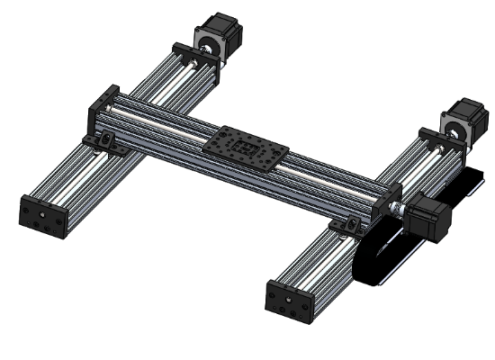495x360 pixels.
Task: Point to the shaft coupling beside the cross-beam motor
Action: [401, 209]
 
